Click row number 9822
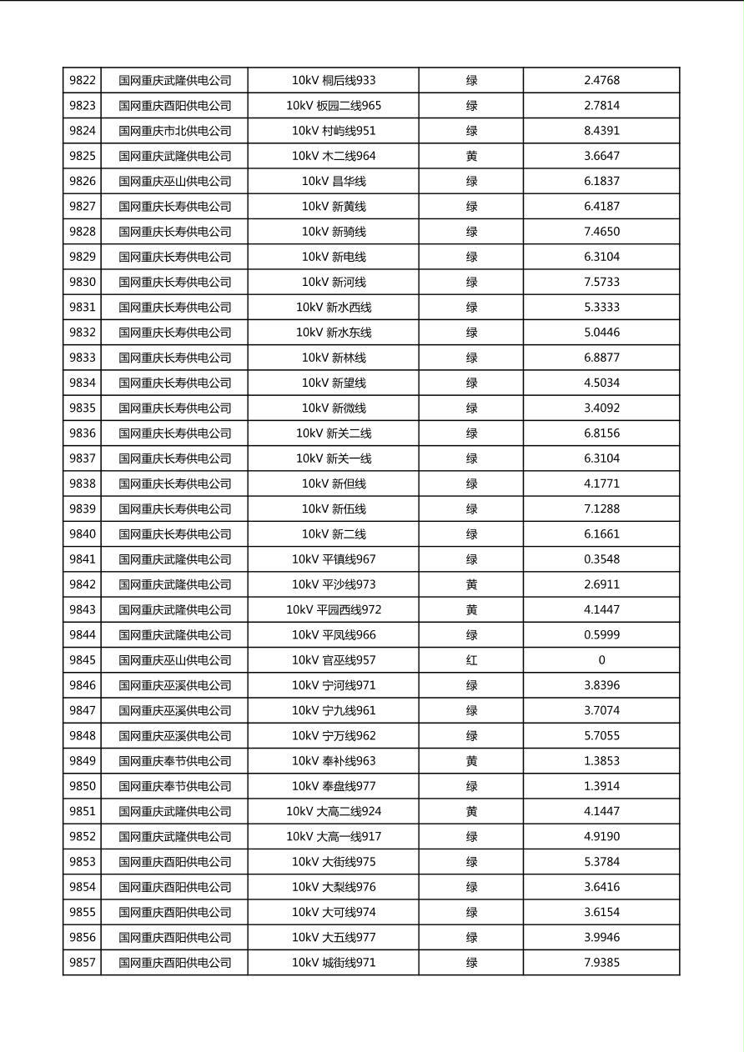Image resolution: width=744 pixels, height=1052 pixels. coord(83,81)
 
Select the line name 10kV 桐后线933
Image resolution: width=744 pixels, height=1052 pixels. coord(334,81)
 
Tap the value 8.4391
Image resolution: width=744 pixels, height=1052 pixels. coord(601,131)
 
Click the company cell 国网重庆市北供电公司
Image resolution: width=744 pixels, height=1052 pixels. coord(174,131)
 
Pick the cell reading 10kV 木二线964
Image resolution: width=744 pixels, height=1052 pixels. coord(334,156)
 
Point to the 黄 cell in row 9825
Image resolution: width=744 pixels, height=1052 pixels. coord(471,156)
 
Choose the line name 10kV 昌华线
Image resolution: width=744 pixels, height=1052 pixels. coord(334,181)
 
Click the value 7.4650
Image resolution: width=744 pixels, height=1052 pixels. coord(601,232)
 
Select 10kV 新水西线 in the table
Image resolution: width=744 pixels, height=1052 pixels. coord(334,307)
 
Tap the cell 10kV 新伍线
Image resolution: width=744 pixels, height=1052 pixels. coord(334,508)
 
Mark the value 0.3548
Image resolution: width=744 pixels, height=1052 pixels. coord(601,559)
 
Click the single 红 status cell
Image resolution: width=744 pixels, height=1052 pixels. coord(471,660)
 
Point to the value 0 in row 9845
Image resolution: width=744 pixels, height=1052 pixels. coord(601,660)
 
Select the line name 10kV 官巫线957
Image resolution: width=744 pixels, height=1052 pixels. coord(334,660)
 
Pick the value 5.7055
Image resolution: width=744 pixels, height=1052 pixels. coord(601,736)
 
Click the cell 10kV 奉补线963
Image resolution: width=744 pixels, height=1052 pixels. coord(334,761)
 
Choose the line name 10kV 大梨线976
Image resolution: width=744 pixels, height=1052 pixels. coord(334,887)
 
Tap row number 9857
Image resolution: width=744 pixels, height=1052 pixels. coord(83,963)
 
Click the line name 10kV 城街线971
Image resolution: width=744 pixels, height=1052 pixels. coord(334,963)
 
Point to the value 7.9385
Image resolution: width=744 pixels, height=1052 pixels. coord(601,963)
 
